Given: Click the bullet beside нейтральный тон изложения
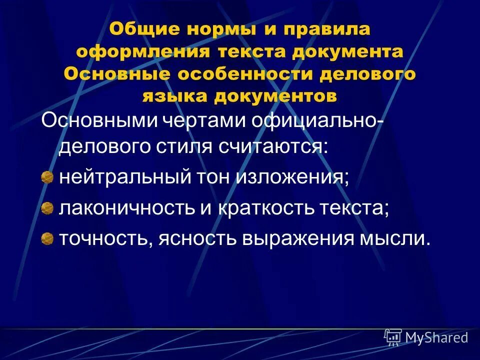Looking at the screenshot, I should click(47, 177).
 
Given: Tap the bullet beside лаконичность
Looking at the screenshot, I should click(47, 207).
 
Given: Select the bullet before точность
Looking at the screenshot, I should click(47, 237).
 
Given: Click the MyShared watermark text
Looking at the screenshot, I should click(436, 338).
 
